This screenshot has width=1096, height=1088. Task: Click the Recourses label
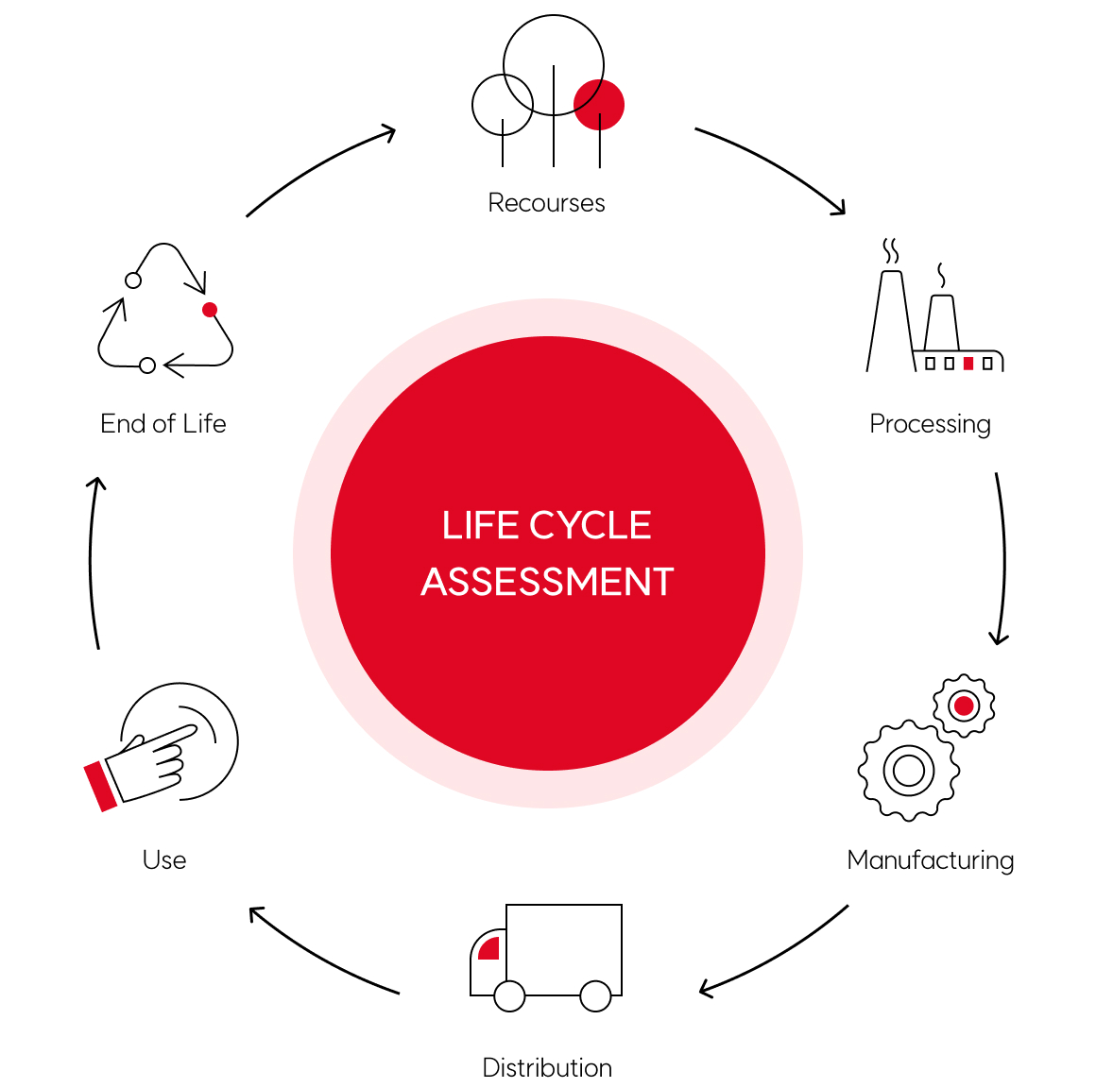[546, 203]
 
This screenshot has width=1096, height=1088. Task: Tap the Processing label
[930, 424]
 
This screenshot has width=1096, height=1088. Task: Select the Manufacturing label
[930, 860]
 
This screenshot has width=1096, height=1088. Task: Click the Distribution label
[547, 1068]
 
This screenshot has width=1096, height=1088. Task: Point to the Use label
[164, 860]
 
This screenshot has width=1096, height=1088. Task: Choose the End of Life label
[163, 424]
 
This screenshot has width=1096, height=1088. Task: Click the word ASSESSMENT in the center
[547, 582]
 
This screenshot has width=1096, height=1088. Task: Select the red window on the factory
[968, 364]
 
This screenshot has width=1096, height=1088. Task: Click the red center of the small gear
[964, 705]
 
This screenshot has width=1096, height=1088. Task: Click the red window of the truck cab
[489, 948]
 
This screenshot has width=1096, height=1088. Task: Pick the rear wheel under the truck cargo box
[595, 995]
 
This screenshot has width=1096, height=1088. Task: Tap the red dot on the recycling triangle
[210, 310]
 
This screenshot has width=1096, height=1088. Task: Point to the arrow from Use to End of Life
[92, 562]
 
